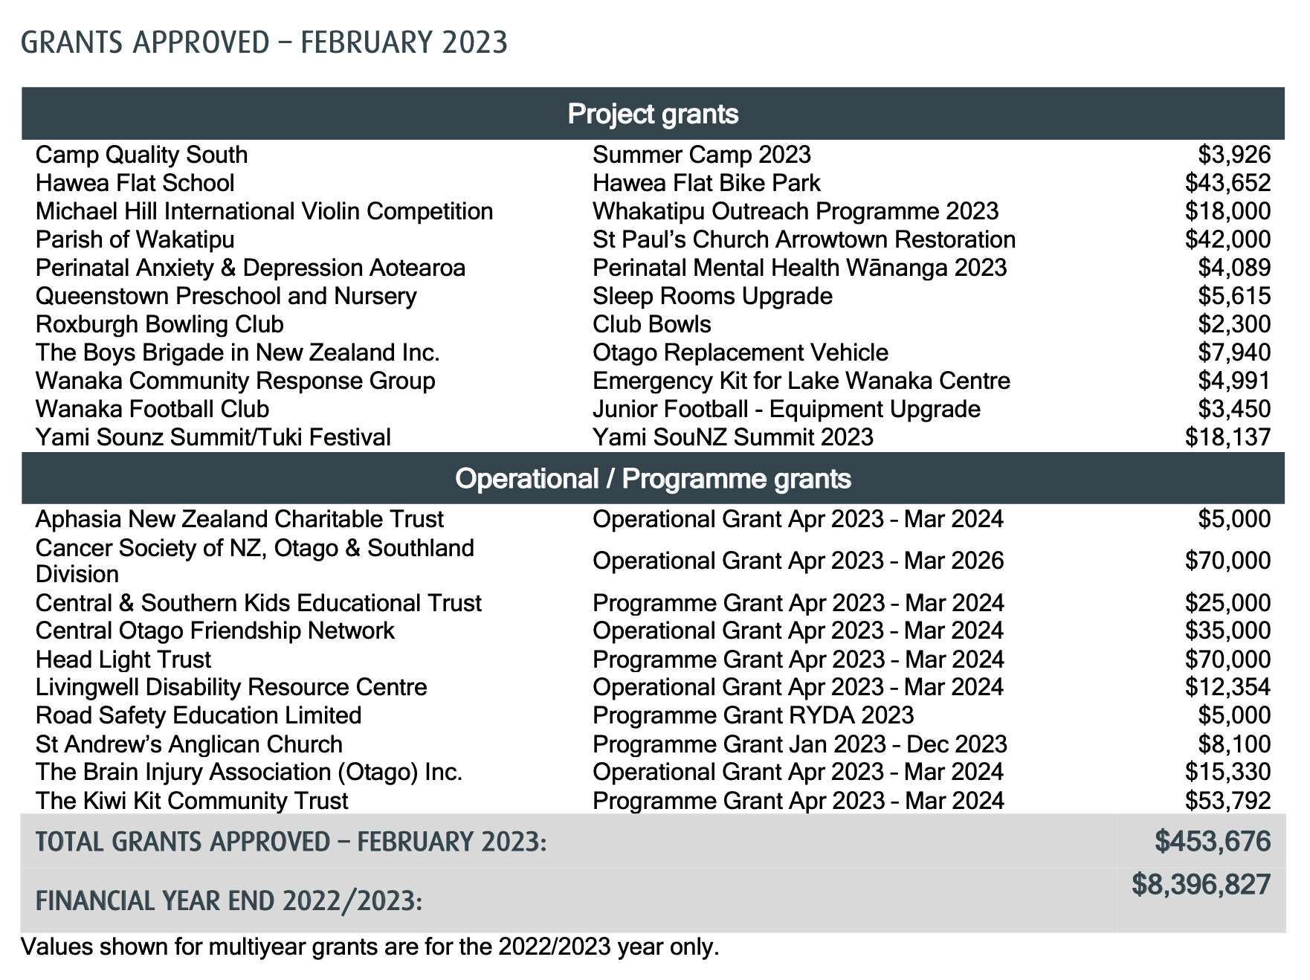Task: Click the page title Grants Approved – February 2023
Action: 264,42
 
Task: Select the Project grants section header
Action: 653,114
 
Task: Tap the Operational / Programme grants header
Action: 653,478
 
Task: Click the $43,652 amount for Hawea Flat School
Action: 1227,183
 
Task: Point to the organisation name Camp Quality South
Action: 141,155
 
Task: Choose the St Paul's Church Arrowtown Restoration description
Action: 804,239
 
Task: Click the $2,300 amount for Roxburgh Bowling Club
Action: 1234,324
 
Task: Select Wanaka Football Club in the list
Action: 152,409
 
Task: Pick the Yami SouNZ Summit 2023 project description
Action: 732,437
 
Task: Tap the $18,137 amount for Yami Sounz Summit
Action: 1227,437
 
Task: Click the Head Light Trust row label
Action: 123,660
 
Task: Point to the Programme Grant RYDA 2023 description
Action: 752,715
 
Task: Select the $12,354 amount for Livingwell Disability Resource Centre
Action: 1227,687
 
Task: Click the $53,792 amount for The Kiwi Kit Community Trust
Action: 1227,801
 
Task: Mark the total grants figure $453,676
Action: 1213,842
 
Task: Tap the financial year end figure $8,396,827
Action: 1201,885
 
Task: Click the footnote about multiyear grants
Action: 370,947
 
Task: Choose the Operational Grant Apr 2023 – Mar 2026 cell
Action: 798,561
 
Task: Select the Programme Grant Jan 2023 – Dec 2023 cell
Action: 799,744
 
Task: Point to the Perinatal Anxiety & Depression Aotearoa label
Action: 251,268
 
